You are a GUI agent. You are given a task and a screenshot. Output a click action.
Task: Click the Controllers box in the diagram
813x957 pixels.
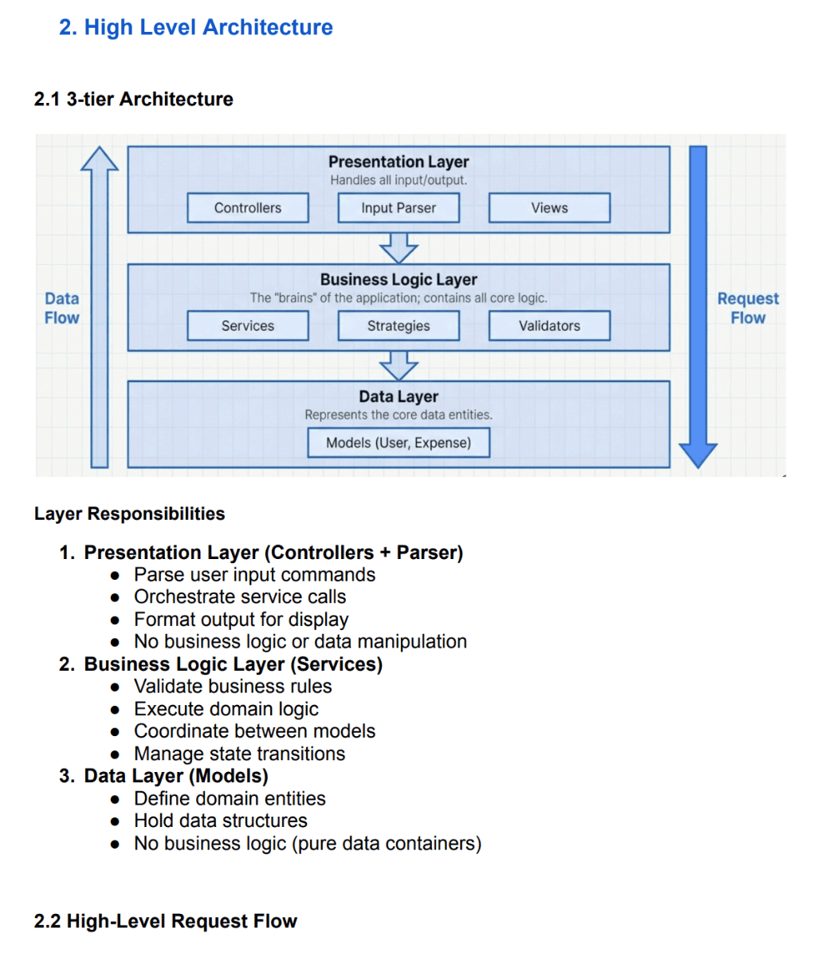[248, 208]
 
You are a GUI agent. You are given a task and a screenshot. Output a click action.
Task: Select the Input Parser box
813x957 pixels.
[399, 208]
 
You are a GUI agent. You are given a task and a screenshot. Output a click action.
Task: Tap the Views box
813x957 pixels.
[549, 208]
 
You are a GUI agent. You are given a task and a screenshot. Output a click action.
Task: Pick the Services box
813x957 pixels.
[248, 326]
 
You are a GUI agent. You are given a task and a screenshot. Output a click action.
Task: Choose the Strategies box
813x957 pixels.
[399, 326]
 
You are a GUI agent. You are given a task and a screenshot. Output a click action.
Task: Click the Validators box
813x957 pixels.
[549, 326]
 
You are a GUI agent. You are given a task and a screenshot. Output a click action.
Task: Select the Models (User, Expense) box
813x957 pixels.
[399, 443]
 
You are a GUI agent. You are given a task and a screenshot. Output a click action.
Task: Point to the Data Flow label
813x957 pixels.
[62, 308]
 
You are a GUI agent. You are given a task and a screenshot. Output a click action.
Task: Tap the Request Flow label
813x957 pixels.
[748, 308]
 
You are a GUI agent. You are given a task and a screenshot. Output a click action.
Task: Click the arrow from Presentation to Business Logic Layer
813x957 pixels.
[399, 247]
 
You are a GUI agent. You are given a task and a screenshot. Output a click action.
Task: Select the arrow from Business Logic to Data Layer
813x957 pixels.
[399, 365]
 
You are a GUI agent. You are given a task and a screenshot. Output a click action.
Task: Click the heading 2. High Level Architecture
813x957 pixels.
[196, 27]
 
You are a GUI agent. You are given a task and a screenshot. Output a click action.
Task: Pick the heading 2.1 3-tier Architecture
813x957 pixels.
[134, 99]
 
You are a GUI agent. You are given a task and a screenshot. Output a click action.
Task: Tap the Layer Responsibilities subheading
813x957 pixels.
[130, 514]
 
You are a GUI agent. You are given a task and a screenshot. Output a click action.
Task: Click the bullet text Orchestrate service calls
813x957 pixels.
[240, 597]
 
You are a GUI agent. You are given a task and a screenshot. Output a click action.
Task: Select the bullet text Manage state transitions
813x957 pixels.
[239, 754]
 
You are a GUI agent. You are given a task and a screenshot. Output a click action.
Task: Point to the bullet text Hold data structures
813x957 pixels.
[220, 821]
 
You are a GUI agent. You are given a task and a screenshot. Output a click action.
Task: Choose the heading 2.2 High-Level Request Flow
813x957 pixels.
[166, 921]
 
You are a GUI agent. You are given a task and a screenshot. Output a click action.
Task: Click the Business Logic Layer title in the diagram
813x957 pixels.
[399, 280]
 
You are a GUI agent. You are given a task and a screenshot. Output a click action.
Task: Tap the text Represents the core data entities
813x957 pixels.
[399, 415]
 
